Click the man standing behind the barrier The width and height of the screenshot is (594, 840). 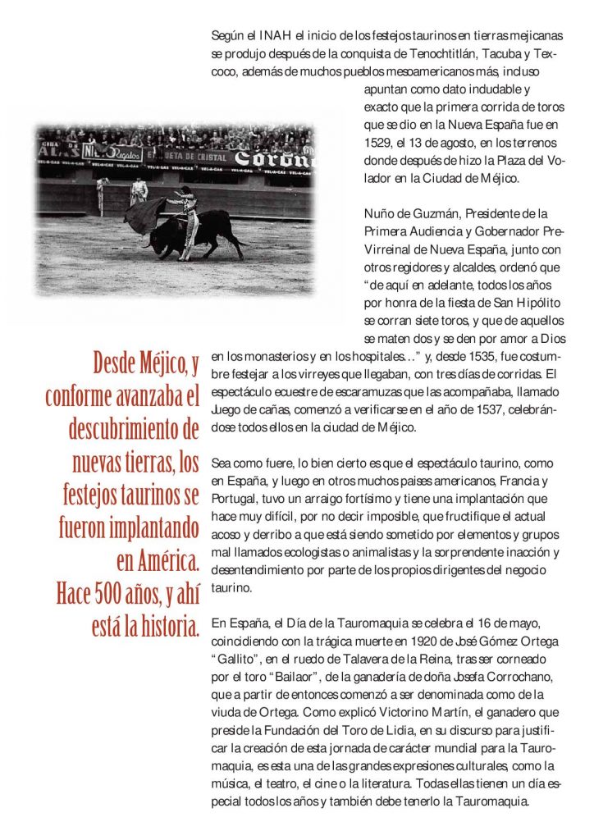tap(139, 191)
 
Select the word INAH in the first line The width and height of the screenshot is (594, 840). tap(261, 37)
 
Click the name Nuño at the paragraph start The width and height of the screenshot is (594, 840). tap(379, 214)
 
